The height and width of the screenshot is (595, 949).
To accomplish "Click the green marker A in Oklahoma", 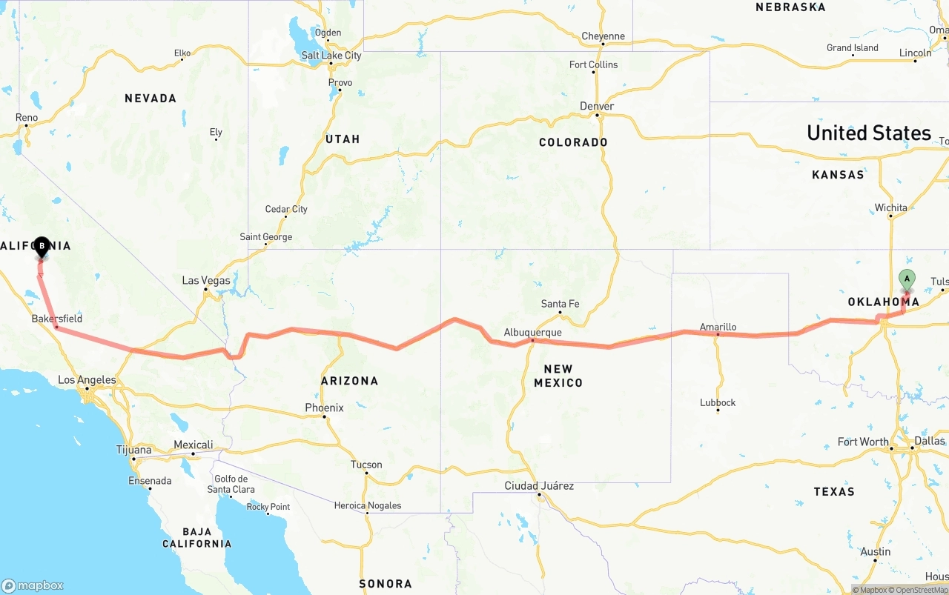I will (907, 279).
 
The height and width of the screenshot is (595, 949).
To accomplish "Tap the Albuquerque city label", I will (533, 333).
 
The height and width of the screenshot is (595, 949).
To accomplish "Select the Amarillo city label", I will (718, 327).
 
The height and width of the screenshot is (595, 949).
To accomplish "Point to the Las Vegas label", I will (206, 281).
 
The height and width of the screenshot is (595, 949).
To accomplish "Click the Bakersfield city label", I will (57, 319).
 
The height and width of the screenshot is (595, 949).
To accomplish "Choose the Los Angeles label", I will (87, 380).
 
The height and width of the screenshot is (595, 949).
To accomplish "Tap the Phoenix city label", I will (324, 408).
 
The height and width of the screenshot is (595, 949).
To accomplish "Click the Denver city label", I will (597, 106).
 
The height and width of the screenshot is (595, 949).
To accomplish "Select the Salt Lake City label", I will (331, 56).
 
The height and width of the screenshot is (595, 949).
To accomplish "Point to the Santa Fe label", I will (560, 304).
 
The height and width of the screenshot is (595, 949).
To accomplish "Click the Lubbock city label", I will (718, 402).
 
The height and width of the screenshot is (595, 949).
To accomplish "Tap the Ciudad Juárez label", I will (539, 486).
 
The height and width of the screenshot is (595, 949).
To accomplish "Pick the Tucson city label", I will (366, 465).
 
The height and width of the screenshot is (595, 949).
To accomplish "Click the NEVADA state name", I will (151, 98).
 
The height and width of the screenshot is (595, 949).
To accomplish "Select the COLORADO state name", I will (573, 142).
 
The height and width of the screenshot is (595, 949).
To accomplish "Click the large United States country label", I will (868, 133).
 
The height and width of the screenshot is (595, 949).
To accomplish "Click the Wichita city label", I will (890, 207).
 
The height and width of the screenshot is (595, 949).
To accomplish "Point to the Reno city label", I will (27, 117).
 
